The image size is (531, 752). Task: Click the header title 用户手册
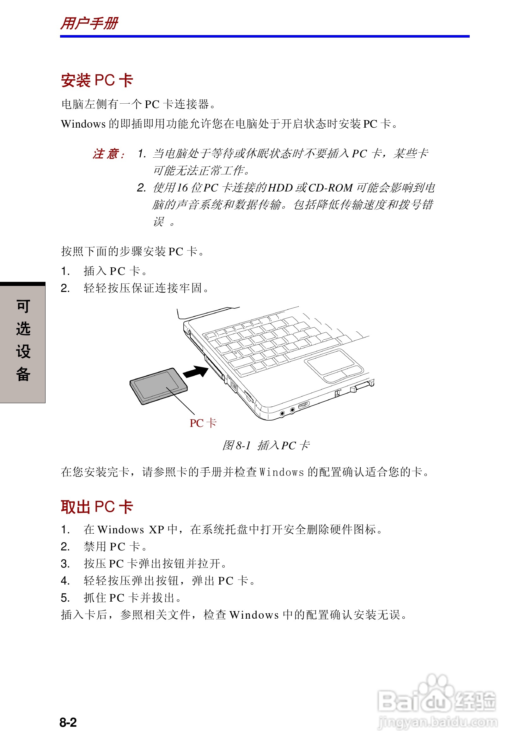tap(89, 24)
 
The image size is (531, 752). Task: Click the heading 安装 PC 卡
tap(97, 80)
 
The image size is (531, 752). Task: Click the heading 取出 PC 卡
tap(97, 507)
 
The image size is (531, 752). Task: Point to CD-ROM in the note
tap(330, 188)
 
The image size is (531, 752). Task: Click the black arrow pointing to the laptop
tap(196, 372)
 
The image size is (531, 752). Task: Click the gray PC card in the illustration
tap(159, 386)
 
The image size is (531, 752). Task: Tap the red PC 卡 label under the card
tap(203, 423)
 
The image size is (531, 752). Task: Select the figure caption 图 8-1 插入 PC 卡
tap(266, 446)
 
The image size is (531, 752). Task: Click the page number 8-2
tap(68, 722)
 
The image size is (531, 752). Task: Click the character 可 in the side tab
tap(23, 306)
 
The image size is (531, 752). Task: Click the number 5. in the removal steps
tap(65, 598)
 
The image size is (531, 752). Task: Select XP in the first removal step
tap(156, 530)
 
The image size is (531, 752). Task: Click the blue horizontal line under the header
tap(265, 36)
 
